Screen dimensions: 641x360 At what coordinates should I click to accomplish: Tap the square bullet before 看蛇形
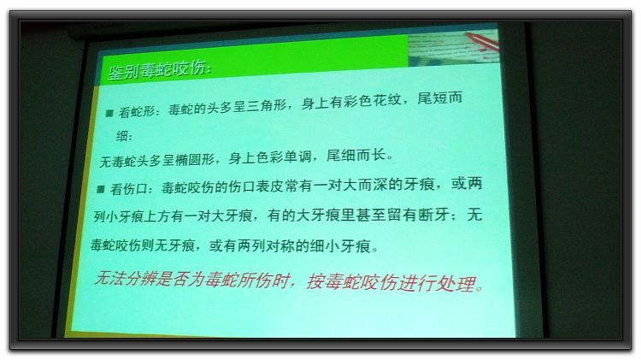109,114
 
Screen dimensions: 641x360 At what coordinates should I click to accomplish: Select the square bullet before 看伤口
101,189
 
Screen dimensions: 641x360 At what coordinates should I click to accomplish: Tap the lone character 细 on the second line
122,135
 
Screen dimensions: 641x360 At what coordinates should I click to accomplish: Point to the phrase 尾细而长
356,156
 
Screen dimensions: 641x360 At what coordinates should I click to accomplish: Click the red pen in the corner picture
483,42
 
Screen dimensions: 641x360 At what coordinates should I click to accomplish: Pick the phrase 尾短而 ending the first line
439,98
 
